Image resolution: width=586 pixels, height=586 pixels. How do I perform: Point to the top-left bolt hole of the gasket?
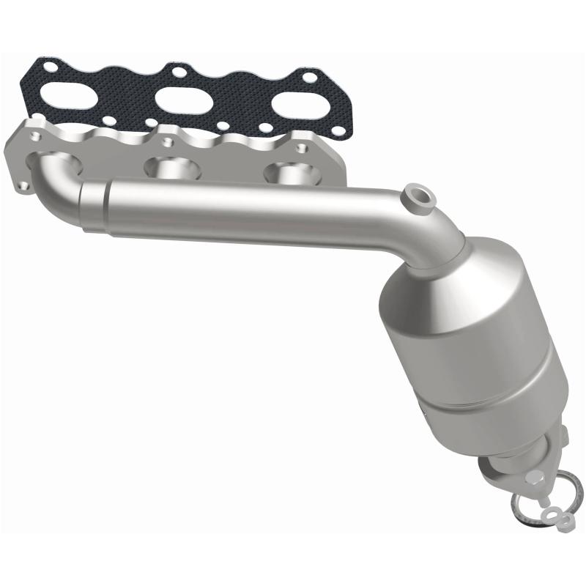[x=50, y=67]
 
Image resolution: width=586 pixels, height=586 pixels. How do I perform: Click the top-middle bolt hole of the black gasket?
[x=177, y=71]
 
